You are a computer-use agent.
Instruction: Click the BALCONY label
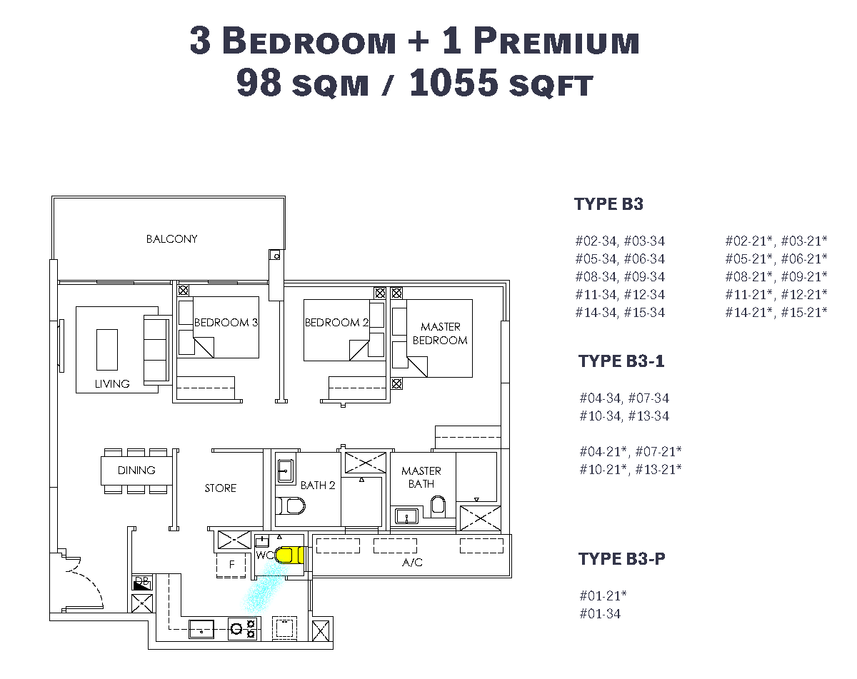(171, 239)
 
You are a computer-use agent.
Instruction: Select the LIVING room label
(112, 384)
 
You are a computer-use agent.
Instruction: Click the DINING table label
(136, 471)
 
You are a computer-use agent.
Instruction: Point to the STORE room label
(220, 488)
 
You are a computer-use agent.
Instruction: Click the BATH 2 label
(317, 485)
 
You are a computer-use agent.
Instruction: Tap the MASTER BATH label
(421, 478)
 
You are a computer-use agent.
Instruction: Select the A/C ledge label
(412, 563)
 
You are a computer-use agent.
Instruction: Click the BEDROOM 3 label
(226, 322)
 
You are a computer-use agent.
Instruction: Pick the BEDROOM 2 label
(336, 322)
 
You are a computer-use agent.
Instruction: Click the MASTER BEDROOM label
(440, 333)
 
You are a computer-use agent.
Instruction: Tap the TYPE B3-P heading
(621, 559)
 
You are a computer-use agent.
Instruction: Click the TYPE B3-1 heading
(621, 361)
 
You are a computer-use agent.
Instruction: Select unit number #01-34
(600, 614)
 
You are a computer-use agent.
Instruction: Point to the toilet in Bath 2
(290, 506)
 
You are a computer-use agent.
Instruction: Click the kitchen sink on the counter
(201, 629)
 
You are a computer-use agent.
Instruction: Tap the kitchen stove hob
(242, 629)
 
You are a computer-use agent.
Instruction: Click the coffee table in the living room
(106, 350)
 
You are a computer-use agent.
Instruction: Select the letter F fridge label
(232, 564)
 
